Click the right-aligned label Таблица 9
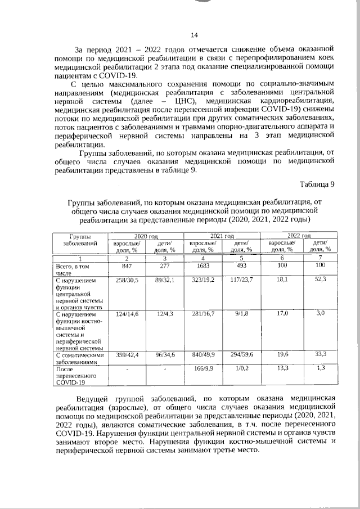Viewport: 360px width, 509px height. (317, 184)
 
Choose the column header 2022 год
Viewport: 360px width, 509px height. (300, 236)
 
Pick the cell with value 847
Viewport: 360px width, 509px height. (127, 265)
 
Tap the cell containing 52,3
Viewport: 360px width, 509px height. (321, 279)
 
